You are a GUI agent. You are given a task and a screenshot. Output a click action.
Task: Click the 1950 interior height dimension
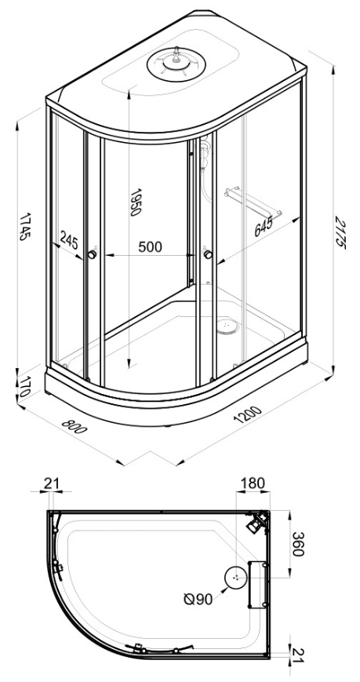136,202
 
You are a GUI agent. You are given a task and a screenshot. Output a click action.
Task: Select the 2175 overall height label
340,233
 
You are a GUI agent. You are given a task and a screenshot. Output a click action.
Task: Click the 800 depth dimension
75,427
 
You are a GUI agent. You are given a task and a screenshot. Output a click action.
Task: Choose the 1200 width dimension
247,414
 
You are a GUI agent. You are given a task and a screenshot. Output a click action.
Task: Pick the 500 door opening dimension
150,247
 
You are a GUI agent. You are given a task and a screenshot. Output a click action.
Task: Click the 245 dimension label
69,240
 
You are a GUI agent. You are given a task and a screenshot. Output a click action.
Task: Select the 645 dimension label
264,226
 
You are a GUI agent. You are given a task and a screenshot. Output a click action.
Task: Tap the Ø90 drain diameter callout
198,600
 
